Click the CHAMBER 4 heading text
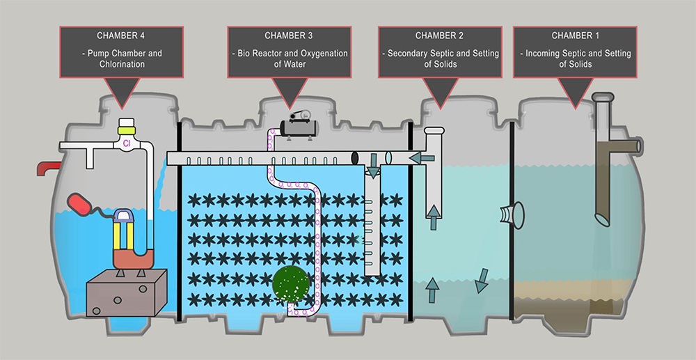click(x=120, y=35)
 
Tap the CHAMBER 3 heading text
click(x=289, y=35)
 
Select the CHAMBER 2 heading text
click(x=439, y=35)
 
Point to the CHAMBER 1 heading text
click(x=575, y=35)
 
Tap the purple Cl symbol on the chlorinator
click(x=126, y=143)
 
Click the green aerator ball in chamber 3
click(x=290, y=284)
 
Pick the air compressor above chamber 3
click(x=299, y=125)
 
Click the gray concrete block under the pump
click(x=127, y=292)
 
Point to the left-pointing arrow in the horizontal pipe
click(x=422, y=157)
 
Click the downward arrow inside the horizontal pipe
click(x=373, y=166)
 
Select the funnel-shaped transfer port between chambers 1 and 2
click(x=512, y=215)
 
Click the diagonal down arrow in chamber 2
click(x=482, y=281)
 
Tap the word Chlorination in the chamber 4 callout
click(x=122, y=64)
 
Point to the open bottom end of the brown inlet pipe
click(x=603, y=219)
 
